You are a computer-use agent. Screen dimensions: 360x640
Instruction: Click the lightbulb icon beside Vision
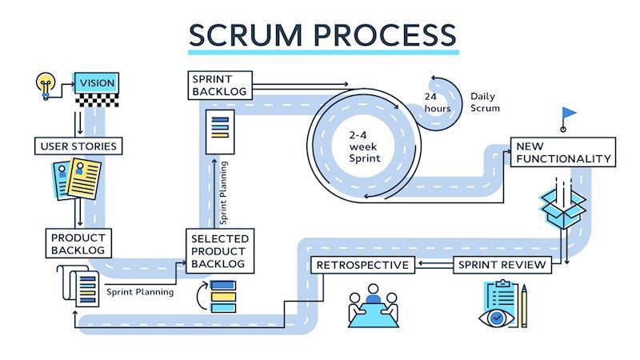pyautogui.click(x=46, y=82)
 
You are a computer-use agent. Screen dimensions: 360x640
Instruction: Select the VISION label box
pyautogui.click(x=96, y=82)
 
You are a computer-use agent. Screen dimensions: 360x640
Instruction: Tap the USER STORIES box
pyautogui.click(x=78, y=146)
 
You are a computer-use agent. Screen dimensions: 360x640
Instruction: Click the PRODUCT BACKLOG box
pyautogui.click(x=78, y=244)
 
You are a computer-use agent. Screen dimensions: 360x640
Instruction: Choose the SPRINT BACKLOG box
pyautogui.click(x=220, y=85)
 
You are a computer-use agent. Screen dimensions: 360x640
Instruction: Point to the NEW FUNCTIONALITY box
pyautogui.click(x=563, y=153)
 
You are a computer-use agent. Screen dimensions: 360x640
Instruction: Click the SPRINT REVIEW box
pyautogui.click(x=502, y=265)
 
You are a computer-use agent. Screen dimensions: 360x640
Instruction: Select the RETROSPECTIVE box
pyautogui.click(x=362, y=265)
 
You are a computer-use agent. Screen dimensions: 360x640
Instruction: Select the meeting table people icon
pyautogui.click(x=374, y=307)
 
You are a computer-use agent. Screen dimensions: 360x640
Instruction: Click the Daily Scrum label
pyautogui.click(x=485, y=102)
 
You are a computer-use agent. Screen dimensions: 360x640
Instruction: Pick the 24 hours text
pyautogui.click(x=438, y=102)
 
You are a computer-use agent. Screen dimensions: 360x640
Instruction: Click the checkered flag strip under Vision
pyautogui.click(x=96, y=99)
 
